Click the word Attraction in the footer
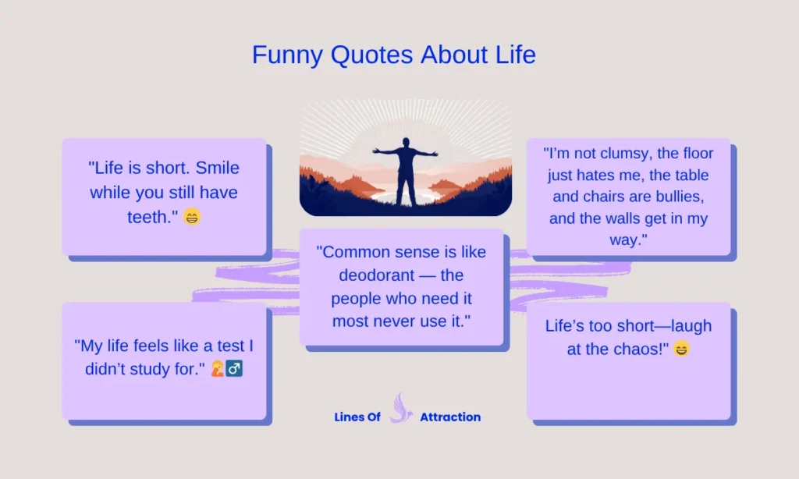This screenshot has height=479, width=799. (x=450, y=417)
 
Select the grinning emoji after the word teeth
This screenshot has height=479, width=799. (x=192, y=217)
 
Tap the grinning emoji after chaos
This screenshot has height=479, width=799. (x=681, y=349)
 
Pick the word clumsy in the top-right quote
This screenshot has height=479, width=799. (x=620, y=154)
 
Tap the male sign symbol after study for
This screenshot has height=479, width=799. (x=235, y=368)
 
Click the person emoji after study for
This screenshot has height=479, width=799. (x=218, y=368)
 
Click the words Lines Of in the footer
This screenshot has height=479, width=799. (x=357, y=417)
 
